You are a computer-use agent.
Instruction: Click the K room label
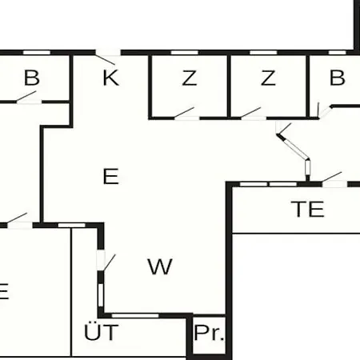111,78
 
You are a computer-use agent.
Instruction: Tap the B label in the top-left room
32,78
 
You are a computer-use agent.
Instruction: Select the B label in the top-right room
338,78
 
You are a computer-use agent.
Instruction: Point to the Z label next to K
190,78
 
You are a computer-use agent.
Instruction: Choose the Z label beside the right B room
268,78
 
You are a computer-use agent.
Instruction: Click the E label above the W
110,176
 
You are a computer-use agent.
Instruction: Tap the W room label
160,266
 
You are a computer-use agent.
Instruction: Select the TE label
307,209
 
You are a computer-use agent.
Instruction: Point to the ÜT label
101,331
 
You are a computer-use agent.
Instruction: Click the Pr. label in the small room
209,333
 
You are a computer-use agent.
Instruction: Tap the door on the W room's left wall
106,262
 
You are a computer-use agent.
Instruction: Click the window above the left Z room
185,52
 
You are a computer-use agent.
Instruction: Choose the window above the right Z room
263,52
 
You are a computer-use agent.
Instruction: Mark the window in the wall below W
135,316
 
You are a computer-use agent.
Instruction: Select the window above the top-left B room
37,52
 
